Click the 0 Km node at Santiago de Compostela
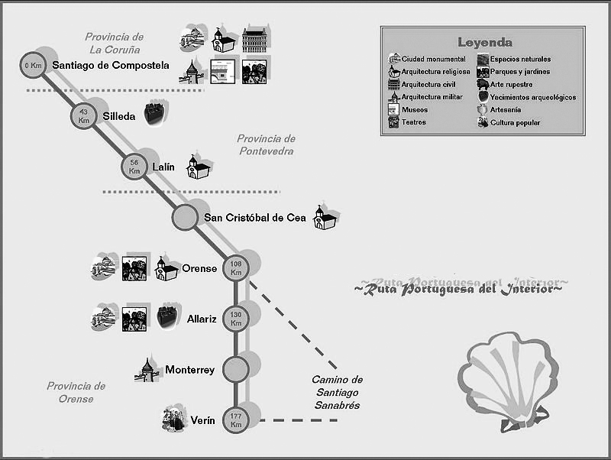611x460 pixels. [32, 66]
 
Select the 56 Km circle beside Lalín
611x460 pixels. [134, 167]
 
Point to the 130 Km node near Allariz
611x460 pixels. [236, 319]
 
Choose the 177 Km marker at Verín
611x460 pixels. [236, 420]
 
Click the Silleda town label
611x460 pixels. [119, 117]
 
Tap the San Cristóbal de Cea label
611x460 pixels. [254, 218]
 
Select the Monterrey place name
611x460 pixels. [190, 370]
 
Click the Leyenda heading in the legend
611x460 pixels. [484, 43]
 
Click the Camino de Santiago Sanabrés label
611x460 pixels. [337, 392]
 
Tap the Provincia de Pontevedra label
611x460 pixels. [266, 145]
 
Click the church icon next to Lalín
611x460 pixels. [199, 167]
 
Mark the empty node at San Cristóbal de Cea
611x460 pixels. [185, 218]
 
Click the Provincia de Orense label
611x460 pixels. [76, 393]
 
